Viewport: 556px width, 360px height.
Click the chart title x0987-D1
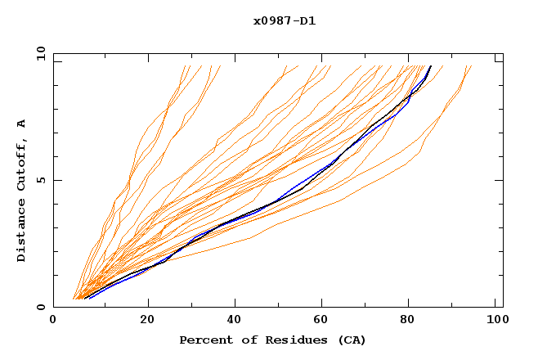pyautogui.click(x=285, y=20)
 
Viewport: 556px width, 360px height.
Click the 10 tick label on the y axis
pyautogui.click(x=40, y=53)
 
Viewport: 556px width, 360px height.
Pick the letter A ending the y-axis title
pyautogui.click(x=21, y=124)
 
